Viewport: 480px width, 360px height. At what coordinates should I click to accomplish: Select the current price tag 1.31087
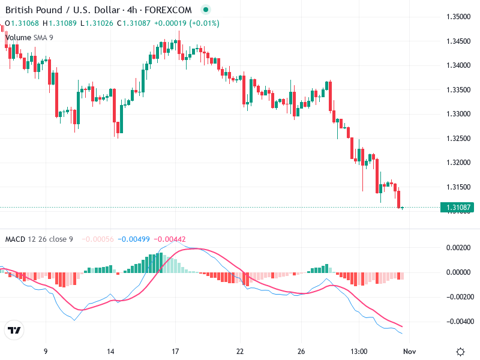(x=457, y=208)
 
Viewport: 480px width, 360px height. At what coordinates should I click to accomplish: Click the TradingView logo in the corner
(x=14, y=330)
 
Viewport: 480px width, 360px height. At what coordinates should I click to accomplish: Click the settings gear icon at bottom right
(x=460, y=351)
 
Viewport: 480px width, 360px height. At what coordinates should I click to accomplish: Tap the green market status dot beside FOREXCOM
(x=206, y=10)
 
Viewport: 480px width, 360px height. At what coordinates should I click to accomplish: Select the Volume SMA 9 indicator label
(x=29, y=37)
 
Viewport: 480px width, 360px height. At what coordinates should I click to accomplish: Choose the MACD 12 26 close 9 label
(x=39, y=239)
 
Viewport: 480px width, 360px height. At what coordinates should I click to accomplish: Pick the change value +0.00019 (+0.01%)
(x=187, y=23)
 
